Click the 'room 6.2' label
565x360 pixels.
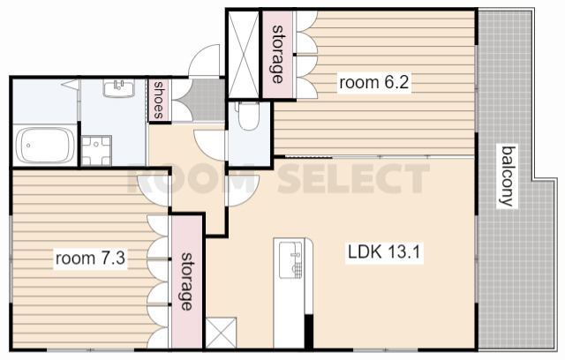(x=374, y=82)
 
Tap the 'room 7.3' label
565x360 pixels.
(x=90, y=259)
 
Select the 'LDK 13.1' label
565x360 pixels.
(x=384, y=251)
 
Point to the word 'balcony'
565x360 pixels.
(x=508, y=176)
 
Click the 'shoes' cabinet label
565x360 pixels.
(x=159, y=100)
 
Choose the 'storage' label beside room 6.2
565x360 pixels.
(x=277, y=54)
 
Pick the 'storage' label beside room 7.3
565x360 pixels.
(x=186, y=281)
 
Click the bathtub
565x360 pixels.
(x=45, y=146)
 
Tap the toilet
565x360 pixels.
(x=249, y=116)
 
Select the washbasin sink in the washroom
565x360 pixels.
(x=119, y=88)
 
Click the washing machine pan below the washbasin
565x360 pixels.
(x=96, y=151)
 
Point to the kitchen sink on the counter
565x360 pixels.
(x=290, y=260)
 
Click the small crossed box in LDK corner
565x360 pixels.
(x=222, y=333)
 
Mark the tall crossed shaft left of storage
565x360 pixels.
(x=244, y=54)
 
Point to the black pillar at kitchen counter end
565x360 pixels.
(x=309, y=331)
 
